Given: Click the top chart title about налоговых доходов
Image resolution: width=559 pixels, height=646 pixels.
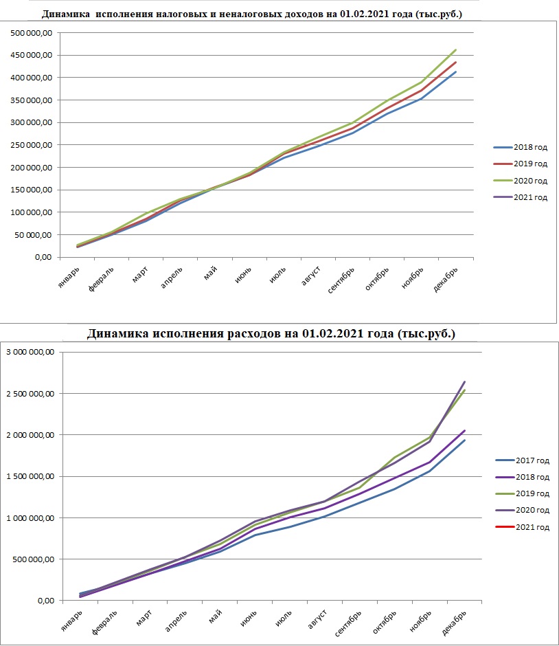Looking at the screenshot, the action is (252, 14).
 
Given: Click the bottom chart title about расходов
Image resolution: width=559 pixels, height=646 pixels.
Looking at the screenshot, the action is (271, 333).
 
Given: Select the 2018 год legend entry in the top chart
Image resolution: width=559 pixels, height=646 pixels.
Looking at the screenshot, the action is (521, 147).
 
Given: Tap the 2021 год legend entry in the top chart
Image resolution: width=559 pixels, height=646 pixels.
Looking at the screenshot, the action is (521, 197).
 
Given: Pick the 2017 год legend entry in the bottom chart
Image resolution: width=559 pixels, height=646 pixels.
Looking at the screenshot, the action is (523, 460).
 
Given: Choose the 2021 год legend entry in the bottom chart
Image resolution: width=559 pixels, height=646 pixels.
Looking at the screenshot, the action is (523, 527).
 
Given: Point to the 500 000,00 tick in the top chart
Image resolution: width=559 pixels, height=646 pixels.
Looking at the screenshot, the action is (32, 33).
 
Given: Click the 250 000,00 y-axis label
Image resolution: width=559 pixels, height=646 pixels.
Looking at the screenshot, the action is (32, 145).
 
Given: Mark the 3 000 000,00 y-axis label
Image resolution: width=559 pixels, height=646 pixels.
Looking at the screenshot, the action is (30, 352).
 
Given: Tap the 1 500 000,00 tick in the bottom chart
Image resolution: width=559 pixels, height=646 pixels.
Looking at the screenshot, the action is (30, 476).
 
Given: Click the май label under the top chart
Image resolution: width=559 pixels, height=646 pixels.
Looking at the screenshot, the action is (210, 273).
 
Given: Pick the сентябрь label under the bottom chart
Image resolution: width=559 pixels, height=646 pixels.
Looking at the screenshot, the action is (348, 623).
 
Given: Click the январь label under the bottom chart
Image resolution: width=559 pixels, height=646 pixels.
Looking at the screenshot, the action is (71, 621).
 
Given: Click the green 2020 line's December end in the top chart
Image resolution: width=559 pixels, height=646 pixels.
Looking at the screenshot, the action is (455, 50).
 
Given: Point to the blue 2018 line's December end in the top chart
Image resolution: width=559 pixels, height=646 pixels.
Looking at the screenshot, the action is (455, 71).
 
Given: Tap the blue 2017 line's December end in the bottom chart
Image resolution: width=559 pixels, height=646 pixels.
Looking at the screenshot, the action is (465, 440).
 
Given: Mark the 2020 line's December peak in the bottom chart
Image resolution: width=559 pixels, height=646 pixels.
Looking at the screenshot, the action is (465, 381).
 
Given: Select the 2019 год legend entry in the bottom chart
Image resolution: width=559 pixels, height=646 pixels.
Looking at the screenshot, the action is (523, 493).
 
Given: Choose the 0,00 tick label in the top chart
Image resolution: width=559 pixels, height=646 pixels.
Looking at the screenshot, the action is (43, 257).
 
